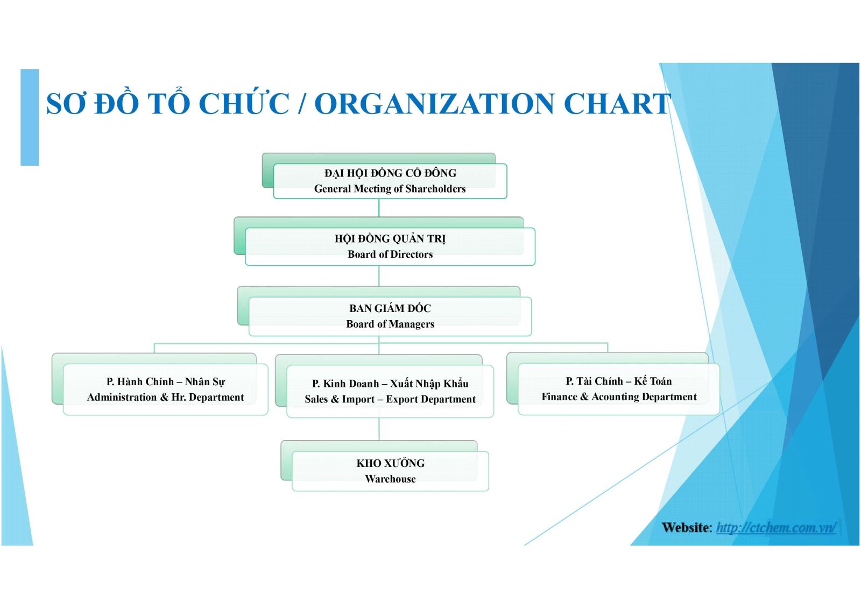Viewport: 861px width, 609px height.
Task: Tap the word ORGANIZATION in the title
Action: (434, 104)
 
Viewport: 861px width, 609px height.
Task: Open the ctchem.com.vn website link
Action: (775, 527)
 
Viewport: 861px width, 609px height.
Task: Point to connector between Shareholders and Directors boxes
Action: (379, 208)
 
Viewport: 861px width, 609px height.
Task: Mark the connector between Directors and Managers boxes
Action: (379, 275)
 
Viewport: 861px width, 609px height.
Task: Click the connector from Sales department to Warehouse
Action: (379, 429)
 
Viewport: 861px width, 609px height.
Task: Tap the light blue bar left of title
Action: (30, 117)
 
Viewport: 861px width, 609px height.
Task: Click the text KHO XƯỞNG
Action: (390, 463)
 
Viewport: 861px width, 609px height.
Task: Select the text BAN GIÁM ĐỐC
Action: (390, 308)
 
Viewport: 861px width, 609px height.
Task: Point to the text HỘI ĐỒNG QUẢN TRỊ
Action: (390, 238)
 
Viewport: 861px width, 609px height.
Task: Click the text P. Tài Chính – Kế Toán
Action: (618, 381)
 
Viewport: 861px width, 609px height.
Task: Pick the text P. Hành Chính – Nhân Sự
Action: (165, 381)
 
